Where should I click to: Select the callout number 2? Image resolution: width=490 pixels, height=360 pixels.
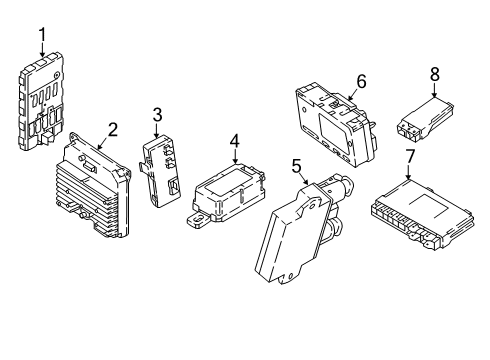[x=112, y=128]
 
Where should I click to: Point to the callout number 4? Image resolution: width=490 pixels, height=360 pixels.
[x=234, y=140]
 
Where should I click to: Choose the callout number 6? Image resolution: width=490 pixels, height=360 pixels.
[x=361, y=80]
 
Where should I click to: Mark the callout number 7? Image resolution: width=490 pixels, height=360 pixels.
[x=410, y=156]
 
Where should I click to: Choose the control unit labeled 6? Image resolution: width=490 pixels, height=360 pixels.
[x=335, y=120]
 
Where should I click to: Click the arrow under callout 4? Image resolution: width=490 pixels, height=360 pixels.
[x=234, y=158]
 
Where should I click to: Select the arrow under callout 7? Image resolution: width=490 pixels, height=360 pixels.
[x=410, y=174]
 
